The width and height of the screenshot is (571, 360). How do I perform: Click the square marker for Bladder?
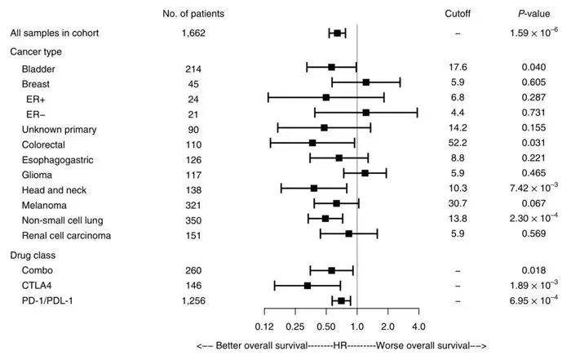click(332, 67)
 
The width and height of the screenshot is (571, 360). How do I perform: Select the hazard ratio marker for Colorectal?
click(312, 143)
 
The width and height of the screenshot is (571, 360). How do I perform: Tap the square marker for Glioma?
click(365, 173)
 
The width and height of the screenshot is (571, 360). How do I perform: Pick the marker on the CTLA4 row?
click(308, 286)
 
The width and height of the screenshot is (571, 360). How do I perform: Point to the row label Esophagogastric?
click(56, 158)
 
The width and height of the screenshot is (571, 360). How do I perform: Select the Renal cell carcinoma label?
click(67, 235)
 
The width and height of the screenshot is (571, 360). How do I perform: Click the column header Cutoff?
click(458, 14)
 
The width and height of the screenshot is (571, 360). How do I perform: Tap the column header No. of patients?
click(193, 14)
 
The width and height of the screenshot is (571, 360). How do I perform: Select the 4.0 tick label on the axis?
click(418, 327)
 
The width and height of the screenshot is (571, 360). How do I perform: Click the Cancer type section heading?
click(36, 52)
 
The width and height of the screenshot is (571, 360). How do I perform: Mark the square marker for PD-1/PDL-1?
click(341, 300)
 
